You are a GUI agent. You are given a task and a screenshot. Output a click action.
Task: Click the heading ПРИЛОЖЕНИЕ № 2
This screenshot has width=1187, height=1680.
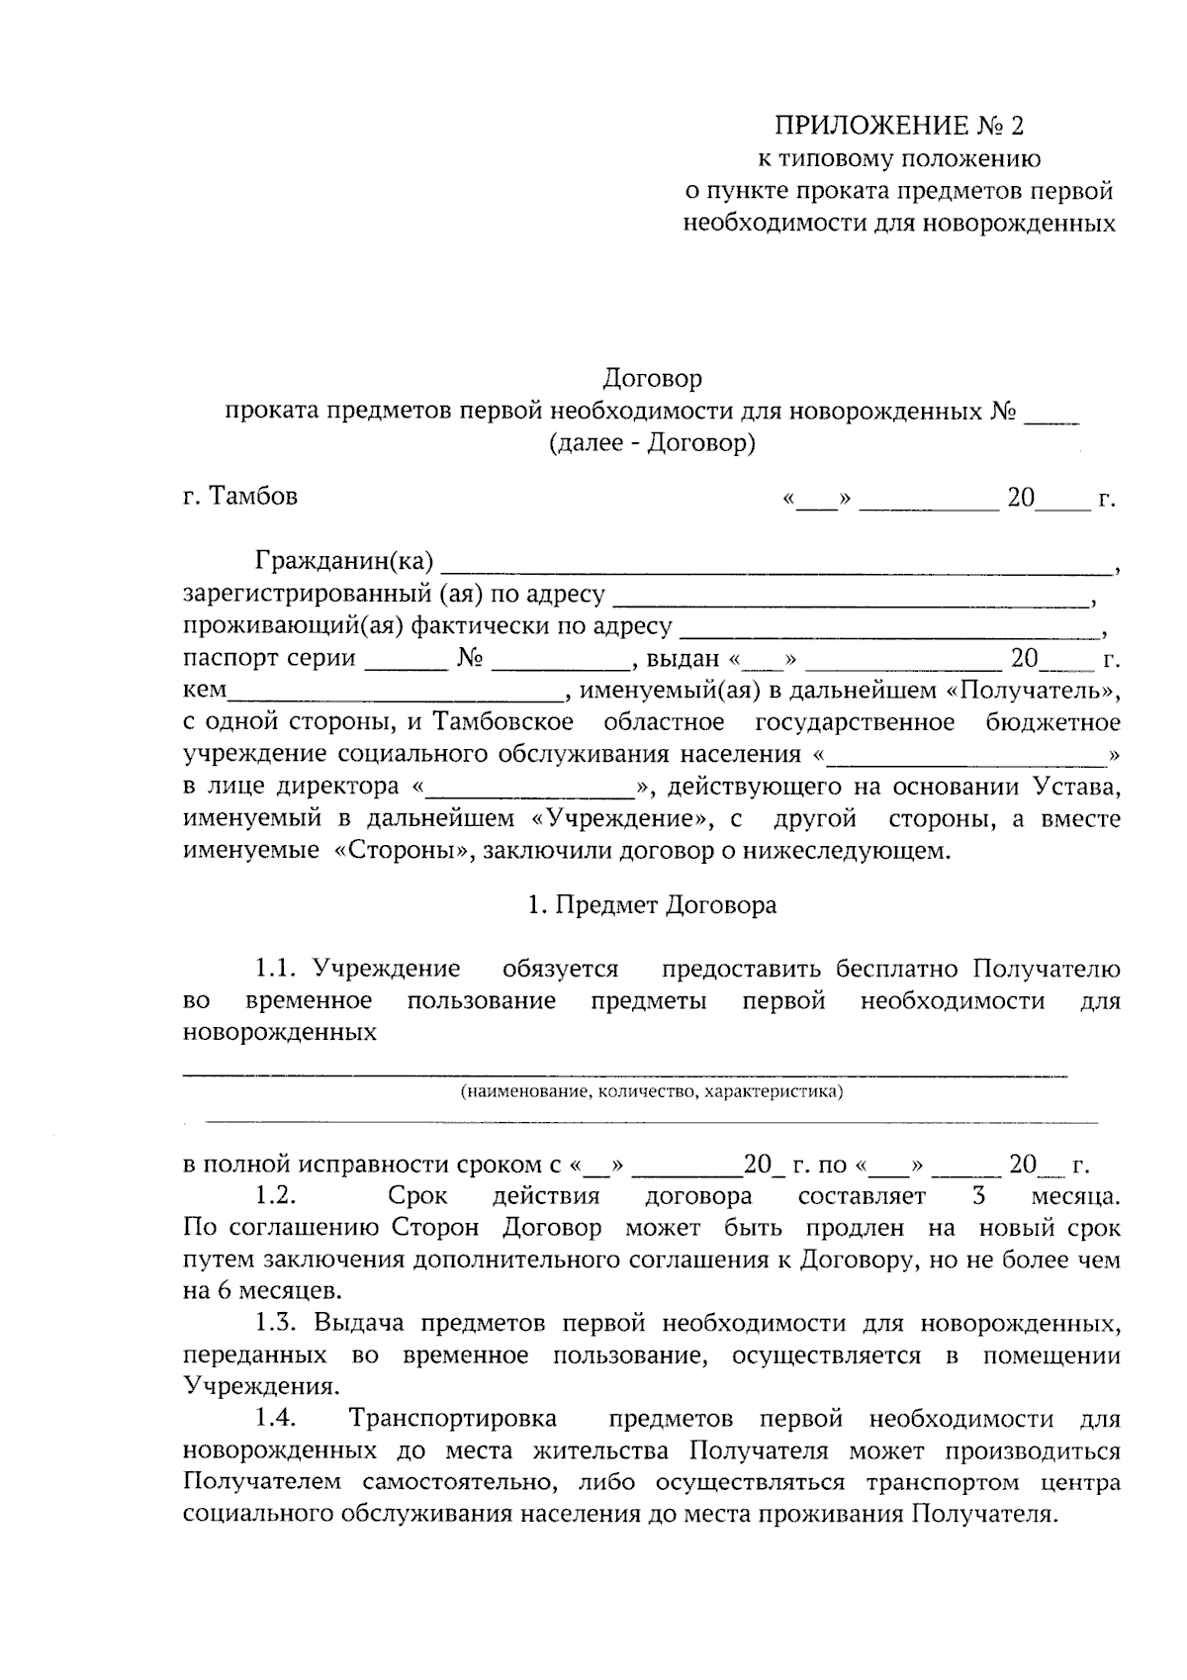click(900, 126)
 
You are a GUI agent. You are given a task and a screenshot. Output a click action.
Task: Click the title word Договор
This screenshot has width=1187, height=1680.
click(653, 378)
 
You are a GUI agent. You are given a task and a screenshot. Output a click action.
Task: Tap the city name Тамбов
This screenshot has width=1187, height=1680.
click(253, 497)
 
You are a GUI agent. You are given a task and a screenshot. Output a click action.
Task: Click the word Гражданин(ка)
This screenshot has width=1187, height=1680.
click(344, 562)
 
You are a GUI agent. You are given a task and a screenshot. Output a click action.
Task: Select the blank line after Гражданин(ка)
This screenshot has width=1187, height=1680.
click(776, 568)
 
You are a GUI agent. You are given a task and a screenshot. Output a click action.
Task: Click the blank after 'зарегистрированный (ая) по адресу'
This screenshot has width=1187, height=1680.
click(851, 600)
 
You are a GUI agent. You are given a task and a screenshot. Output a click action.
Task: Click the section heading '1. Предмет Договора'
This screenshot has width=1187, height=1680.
click(653, 905)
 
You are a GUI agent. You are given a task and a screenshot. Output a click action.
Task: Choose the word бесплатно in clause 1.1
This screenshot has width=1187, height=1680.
click(899, 969)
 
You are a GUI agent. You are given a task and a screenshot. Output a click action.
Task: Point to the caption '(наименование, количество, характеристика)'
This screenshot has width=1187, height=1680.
click(651, 1092)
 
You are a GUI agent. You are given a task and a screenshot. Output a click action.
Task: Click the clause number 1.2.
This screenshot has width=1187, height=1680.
click(277, 1196)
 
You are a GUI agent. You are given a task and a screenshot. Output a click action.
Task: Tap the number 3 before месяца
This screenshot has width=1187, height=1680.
click(978, 1196)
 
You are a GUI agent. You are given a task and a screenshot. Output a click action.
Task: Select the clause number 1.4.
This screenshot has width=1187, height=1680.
click(277, 1419)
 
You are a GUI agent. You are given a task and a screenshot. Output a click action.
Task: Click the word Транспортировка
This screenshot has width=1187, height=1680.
click(453, 1419)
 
